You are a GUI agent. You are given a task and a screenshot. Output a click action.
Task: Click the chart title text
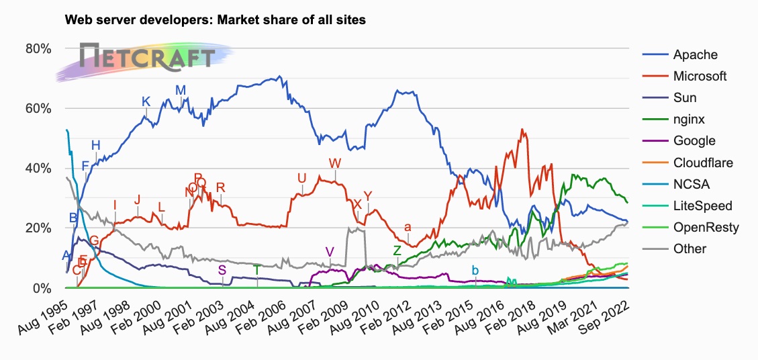(x=215, y=20)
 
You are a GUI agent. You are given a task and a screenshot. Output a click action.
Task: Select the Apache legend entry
(x=695, y=54)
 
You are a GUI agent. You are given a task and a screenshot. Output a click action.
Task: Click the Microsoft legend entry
(x=700, y=76)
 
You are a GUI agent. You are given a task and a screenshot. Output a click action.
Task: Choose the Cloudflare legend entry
(x=702, y=163)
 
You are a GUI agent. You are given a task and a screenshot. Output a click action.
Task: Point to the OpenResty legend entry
(x=706, y=227)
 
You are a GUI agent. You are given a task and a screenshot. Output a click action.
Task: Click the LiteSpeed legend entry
(x=702, y=206)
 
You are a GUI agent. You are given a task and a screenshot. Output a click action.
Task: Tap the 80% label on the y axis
(x=38, y=48)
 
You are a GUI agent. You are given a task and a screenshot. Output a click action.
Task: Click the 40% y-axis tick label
(x=38, y=168)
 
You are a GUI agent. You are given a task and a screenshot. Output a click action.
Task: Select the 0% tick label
(x=42, y=288)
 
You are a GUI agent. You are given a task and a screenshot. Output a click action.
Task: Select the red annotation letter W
(x=335, y=163)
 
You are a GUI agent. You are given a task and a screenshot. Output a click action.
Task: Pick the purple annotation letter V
(x=329, y=251)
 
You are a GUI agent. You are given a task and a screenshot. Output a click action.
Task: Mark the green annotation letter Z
(x=397, y=250)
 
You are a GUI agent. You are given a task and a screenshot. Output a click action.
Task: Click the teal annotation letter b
(x=475, y=270)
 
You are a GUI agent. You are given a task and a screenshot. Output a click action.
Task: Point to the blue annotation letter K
(x=146, y=101)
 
